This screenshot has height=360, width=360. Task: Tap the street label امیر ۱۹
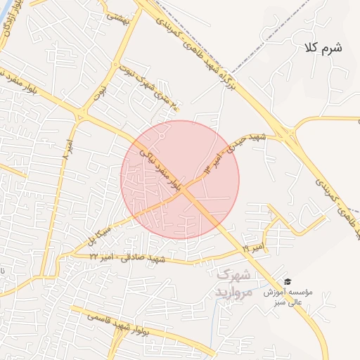click(253, 247)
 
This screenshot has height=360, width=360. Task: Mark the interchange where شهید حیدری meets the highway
click(287, 131)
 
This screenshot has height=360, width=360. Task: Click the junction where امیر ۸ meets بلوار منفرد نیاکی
click(79, 117)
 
